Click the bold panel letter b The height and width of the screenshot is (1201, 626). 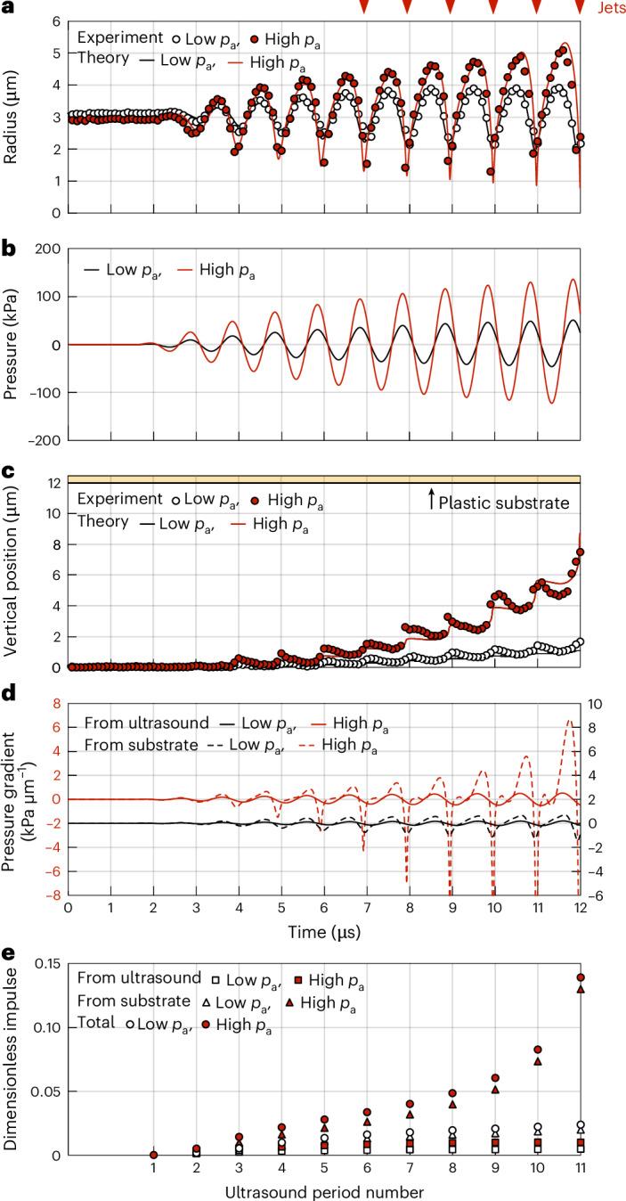[x=8, y=251]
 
